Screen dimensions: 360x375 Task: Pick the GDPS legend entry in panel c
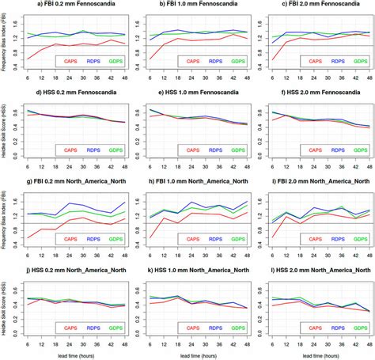coord(360,59)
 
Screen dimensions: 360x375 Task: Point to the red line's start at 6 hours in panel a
coord(28,59)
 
